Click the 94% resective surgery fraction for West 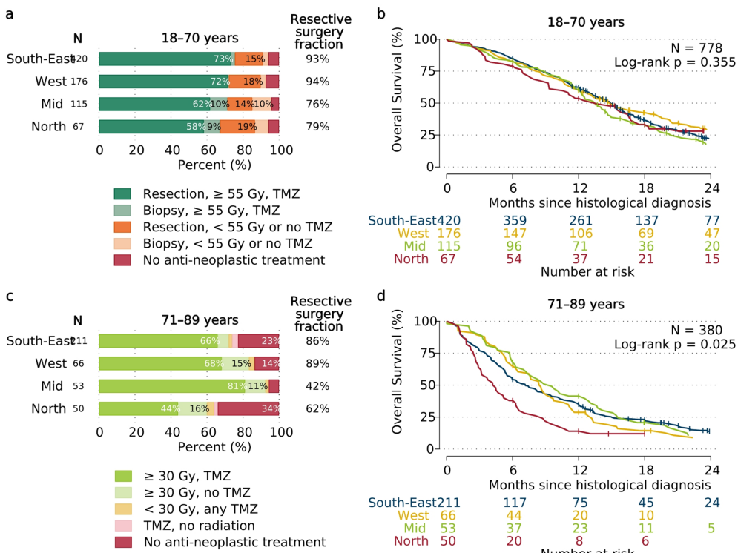coord(317,82)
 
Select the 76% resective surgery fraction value coord(317,105)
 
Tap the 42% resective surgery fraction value coord(317,386)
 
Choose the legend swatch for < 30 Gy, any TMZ coord(123,509)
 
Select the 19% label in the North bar coord(247,127)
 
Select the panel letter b coord(381,13)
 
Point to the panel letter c coord(10,296)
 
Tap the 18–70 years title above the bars coord(200,38)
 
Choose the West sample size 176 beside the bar coord(79,82)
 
